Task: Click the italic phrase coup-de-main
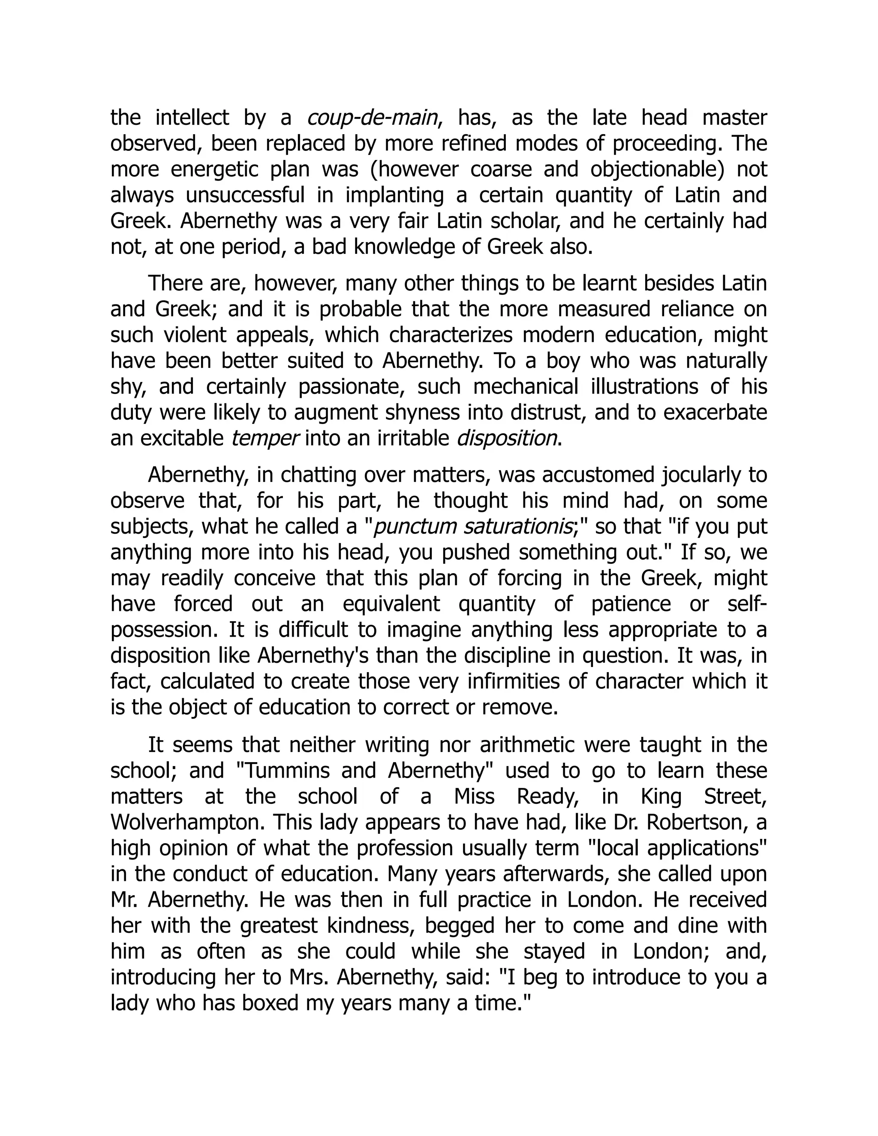tap(372, 117)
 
